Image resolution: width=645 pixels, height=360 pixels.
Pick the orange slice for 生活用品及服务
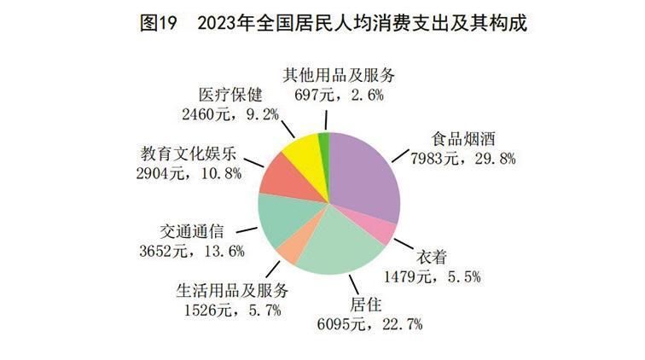[289, 250]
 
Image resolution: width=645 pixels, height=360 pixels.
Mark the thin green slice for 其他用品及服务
[324, 144]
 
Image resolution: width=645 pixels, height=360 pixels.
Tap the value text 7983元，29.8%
[466, 158]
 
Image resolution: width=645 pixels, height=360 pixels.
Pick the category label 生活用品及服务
[220, 289]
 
